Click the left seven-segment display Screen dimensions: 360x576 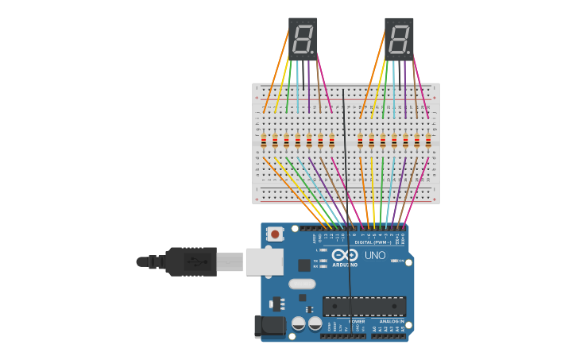(x=303, y=39)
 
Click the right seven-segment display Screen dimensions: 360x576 (x=399, y=39)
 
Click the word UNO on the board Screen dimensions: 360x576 (x=375, y=255)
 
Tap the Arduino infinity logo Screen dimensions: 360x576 (x=345, y=256)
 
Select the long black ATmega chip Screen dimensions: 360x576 (x=364, y=306)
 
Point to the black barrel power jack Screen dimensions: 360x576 (x=269, y=327)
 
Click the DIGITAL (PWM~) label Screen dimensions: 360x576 (x=373, y=242)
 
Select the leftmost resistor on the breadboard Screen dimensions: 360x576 (x=264, y=141)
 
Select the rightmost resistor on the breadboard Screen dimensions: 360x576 (x=428, y=141)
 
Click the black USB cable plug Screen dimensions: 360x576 (x=191, y=261)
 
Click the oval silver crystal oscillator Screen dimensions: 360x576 (x=302, y=284)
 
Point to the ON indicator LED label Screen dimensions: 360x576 (x=394, y=260)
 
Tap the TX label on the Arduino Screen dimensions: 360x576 (x=316, y=260)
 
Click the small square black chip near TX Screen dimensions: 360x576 (x=304, y=265)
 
